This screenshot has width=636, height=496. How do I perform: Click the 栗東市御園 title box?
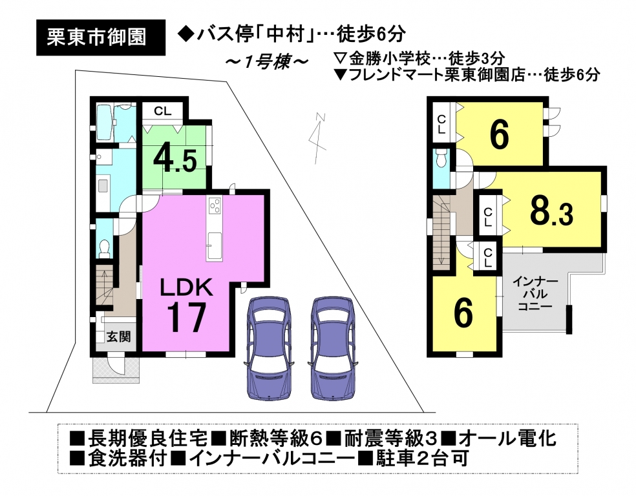[101, 37]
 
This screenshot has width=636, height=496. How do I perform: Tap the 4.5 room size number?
[175, 160]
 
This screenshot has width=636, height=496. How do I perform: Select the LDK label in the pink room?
[186, 287]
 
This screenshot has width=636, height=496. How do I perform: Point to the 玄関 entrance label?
[119, 336]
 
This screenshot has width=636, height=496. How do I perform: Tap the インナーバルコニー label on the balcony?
[535, 294]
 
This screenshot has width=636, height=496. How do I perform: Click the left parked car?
[269, 349]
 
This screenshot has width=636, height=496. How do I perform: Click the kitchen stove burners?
[215, 205]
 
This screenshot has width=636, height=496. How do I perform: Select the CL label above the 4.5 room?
[163, 111]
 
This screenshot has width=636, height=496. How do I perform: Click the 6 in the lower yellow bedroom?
[463, 313]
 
